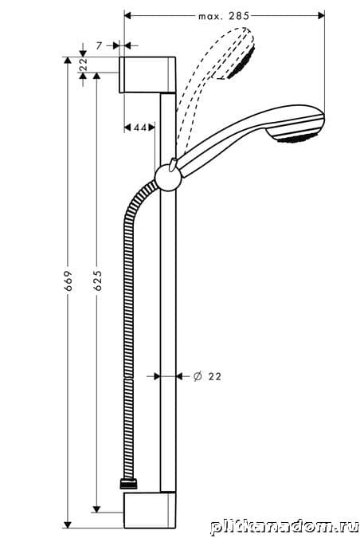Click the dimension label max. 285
pyautogui.click(x=224, y=16)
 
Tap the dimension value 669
pyautogui.click(x=68, y=281)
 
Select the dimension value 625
pyautogui.click(x=98, y=281)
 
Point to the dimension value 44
pyautogui.click(x=140, y=128)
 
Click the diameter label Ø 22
pyautogui.click(x=207, y=376)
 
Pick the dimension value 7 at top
pyautogui.click(x=99, y=45)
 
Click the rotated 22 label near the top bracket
pyautogui.click(x=84, y=65)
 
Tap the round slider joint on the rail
pyautogui.click(x=168, y=178)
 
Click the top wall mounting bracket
pyautogui.click(x=147, y=75)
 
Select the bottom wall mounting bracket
pyautogui.click(x=150, y=510)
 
